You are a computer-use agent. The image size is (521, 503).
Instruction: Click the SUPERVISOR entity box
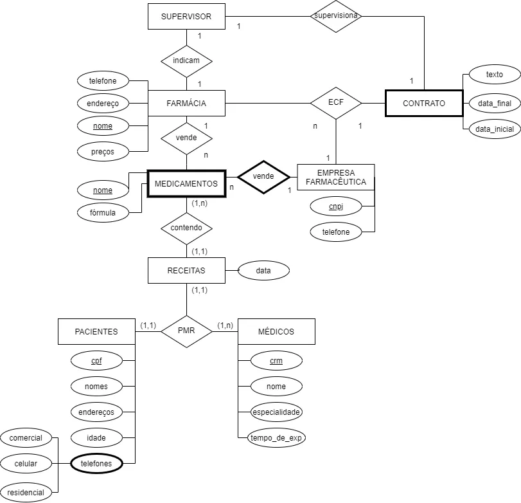(x=186, y=16)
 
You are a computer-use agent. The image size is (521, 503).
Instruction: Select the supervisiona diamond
(x=337, y=15)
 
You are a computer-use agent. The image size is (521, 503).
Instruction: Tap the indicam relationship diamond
(x=186, y=60)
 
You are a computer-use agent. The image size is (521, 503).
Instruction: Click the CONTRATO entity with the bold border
(x=423, y=103)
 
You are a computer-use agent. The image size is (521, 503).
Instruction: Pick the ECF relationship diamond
(x=336, y=103)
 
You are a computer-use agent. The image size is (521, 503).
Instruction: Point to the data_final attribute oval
(x=495, y=103)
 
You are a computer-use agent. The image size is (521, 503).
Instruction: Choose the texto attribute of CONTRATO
(x=495, y=75)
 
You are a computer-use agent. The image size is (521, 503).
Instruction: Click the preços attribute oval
(x=103, y=152)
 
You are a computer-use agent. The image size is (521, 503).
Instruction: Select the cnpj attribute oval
(x=336, y=206)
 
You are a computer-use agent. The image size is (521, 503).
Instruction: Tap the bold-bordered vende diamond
(x=263, y=176)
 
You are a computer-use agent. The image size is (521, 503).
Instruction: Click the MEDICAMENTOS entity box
(x=186, y=184)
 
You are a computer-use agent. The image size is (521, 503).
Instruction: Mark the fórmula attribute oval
(x=103, y=212)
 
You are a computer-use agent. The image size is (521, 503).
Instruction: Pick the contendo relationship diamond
(x=186, y=227)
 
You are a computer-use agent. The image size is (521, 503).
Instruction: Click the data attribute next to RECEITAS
(x=263, y=271)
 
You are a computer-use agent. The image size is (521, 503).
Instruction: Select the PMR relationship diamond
(x=186, y=332)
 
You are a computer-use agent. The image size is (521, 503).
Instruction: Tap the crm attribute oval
(x=277, y=361)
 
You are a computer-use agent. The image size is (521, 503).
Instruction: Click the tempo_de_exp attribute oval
(x=277, y=439)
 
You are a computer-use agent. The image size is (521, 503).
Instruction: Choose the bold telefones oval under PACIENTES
(x=96, y=463)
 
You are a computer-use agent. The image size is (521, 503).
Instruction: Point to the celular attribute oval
(x=26, y=463)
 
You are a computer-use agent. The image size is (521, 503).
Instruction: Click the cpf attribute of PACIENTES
(x=96, y=361)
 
